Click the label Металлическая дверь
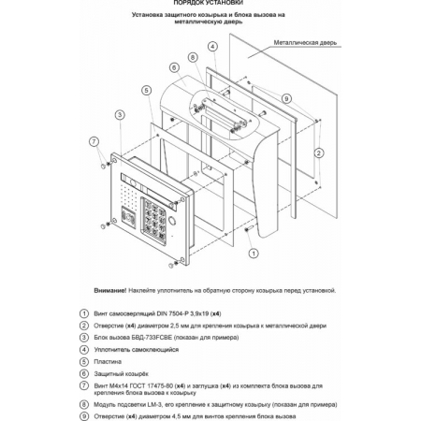click(x=305, y=43)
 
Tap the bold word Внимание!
click(x=110, y=290)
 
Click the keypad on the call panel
click(x=153, y=220)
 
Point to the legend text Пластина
click(x=108, y=362)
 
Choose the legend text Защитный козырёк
click(x=121, y=373)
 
